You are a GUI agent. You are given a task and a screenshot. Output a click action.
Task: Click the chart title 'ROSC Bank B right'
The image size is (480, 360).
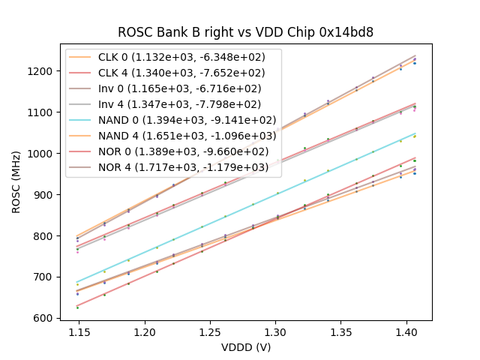click(245, 32)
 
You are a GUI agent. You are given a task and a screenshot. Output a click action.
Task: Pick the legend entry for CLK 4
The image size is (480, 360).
click(172, 73)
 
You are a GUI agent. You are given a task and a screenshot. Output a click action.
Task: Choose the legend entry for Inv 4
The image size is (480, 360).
click(172, 104)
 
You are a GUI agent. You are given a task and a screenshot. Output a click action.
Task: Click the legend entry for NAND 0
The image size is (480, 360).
click(172, 120)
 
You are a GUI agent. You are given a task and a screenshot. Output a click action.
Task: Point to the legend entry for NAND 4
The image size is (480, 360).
click(172, 136)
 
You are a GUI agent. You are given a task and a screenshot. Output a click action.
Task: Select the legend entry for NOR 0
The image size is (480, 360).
click(172, 151)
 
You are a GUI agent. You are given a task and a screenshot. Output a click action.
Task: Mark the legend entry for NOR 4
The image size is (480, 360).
click(172, 167)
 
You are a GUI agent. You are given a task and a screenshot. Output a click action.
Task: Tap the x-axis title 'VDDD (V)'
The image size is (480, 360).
click(245, 347)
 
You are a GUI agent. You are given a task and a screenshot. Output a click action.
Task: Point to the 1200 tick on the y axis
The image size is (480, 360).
click(43, 71)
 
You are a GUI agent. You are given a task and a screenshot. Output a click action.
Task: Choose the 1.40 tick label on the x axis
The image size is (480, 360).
click(406, 331)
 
